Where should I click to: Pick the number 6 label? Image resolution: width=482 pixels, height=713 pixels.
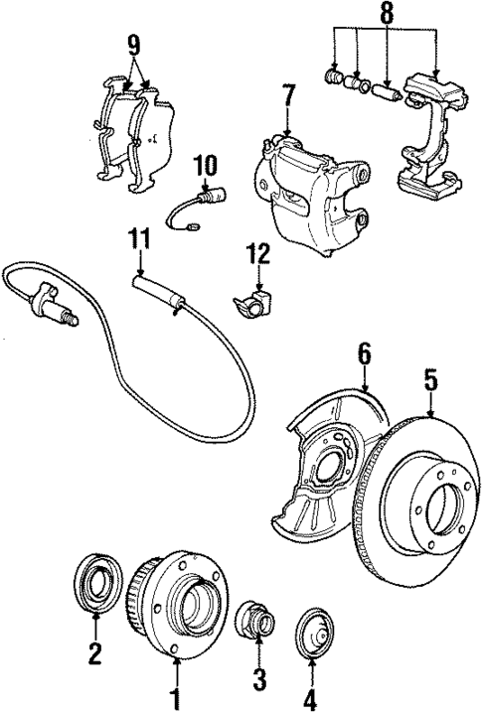point(365,353)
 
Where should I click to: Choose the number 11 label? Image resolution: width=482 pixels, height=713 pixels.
point(138,237)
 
